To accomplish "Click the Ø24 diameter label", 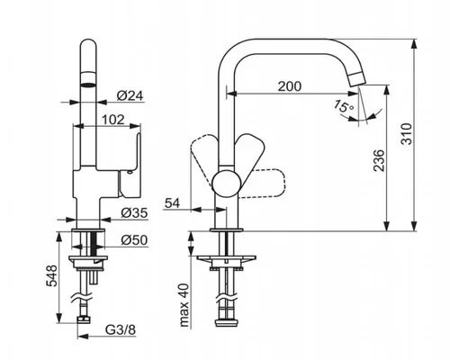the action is [130, 95].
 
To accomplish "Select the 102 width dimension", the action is [113, 120].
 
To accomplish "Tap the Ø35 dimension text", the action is [134, 213].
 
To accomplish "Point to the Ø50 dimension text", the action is [134, 240].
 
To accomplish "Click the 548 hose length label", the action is [51, 275].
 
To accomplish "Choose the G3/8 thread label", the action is [121, 330].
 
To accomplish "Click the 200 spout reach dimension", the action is [290, 86].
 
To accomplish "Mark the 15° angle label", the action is [343, 106].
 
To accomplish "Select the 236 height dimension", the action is [379, 160].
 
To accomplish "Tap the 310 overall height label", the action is [407, 134].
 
